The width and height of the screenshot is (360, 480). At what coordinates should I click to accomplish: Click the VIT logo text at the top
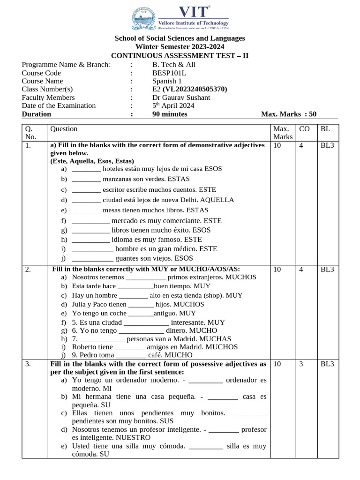coord(194,12)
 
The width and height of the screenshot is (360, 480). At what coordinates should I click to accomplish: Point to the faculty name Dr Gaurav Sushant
coord(181,97)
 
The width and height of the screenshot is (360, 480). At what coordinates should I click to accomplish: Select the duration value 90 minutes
coord(170,114)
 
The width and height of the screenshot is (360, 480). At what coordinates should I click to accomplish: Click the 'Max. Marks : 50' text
coord(289,114)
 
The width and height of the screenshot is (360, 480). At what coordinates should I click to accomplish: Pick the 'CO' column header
coord(304,129)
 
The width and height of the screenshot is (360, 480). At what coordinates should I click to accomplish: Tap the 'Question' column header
coord(64,129)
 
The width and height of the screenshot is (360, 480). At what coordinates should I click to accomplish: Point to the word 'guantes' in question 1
coord(127,258)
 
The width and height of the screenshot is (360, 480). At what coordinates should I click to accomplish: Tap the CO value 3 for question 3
coord(301,364)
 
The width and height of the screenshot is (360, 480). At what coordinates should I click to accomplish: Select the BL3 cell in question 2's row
coord(327,270)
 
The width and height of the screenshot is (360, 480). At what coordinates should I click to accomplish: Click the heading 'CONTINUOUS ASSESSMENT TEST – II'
coord(180,56)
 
